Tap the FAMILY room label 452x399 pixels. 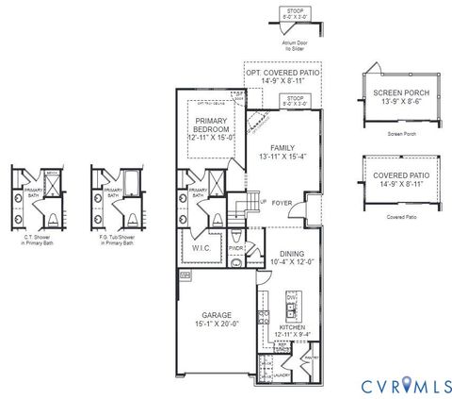click(282, 148)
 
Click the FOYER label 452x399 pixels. click(282, 202)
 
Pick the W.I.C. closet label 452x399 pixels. click(201, 248)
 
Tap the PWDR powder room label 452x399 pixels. click(235, 249)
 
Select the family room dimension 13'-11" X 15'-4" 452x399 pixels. click(282, 158)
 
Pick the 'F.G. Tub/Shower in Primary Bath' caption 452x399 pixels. click(113, 241)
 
